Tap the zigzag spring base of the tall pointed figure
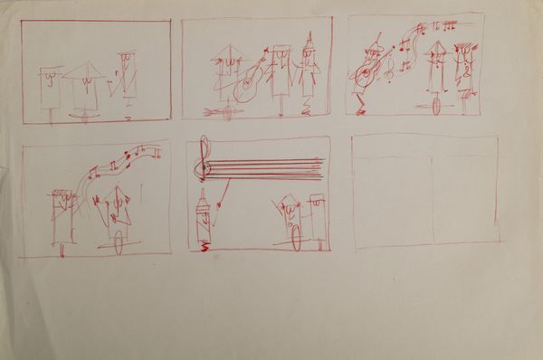pyautogui.click(x=205, y=245)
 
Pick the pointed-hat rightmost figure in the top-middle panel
pyautogui.click(x=312, y=72)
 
